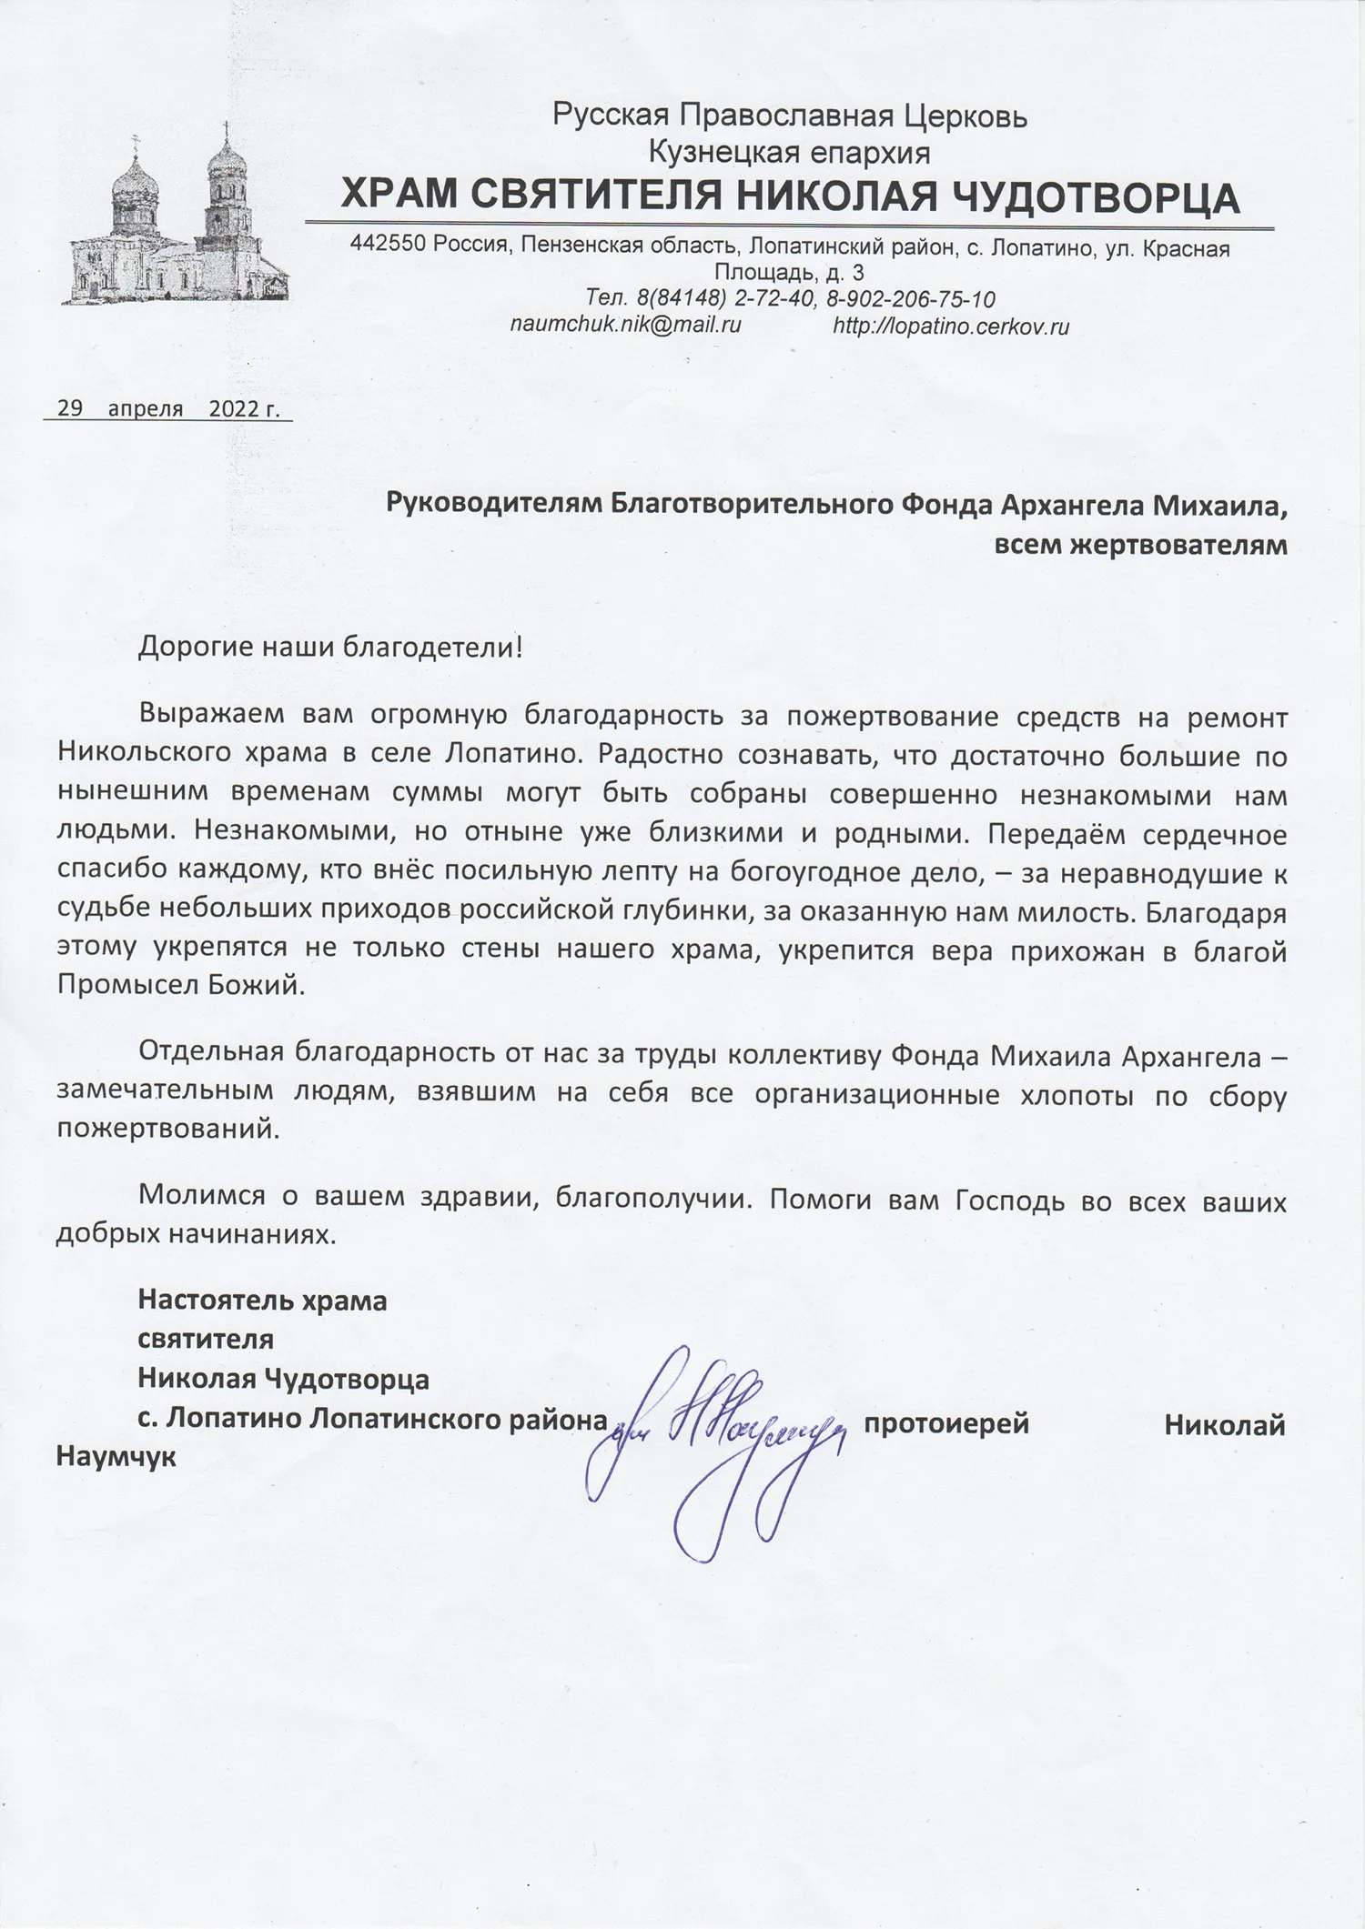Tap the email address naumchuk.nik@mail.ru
coord(625,325)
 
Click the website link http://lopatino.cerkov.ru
coord(950,327)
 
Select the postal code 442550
coord(388,246)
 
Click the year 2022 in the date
coord(233,408)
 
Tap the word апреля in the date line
coord(146,408)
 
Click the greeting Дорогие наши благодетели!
coord(331,648)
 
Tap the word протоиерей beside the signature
coord(946,1423)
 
